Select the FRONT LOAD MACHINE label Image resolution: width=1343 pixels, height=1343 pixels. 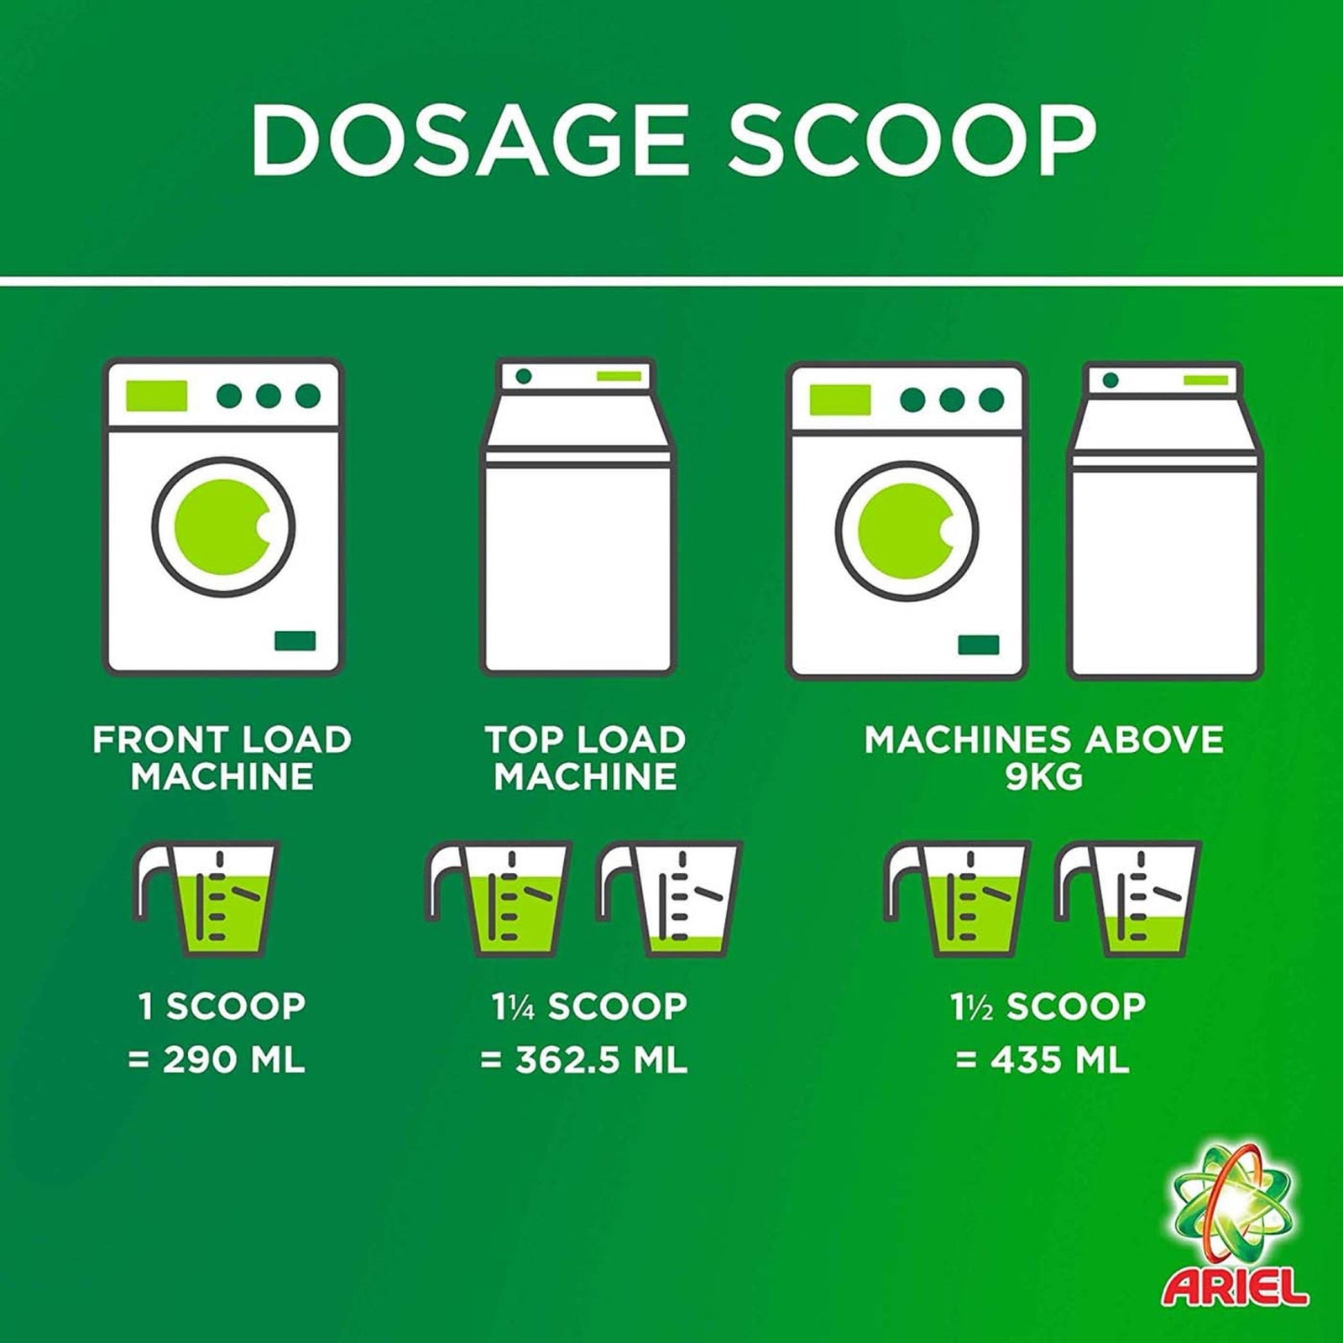[222, 758]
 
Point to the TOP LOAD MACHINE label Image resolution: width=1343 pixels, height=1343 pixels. [585, 758]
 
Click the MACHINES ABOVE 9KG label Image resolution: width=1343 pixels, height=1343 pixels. [1044, 758]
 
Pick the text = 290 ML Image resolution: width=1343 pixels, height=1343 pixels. [217, 1061]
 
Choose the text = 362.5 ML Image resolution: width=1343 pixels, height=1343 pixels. [583, 1061]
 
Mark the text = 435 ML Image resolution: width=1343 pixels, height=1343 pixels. [1042, 1061]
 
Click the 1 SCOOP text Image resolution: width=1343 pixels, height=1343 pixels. [222, 1006]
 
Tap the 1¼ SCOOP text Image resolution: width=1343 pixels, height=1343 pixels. [589, 1006]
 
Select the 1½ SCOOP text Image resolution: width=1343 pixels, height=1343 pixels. [1048, 1006]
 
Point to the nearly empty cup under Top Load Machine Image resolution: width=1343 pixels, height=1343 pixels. [670, 899]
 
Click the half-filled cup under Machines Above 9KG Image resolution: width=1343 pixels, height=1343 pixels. [1127, 899]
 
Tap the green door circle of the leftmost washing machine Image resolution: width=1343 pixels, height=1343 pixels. [222, 526]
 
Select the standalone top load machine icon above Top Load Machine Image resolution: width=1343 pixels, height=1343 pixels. [578, 517]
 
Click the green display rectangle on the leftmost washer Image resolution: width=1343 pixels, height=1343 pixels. [156, 395]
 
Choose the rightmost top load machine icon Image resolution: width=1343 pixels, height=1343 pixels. [1166, 520]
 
